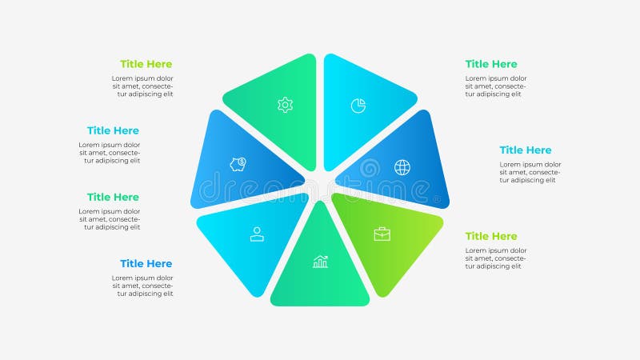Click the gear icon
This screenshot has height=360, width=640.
285,105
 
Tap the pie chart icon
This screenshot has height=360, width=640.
358,106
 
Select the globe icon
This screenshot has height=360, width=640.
402,167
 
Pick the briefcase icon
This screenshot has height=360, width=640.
382,234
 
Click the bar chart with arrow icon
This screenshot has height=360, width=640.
320,262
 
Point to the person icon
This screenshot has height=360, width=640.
257,234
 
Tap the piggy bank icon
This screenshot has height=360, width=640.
238,164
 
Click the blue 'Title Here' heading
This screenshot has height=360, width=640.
146,263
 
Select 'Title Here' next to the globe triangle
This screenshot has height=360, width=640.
526,150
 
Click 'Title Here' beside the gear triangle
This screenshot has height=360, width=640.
146,64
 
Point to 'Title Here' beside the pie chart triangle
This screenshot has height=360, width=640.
491,64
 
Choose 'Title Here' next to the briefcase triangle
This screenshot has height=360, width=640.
491,236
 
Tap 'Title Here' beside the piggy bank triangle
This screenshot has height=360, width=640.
113,130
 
